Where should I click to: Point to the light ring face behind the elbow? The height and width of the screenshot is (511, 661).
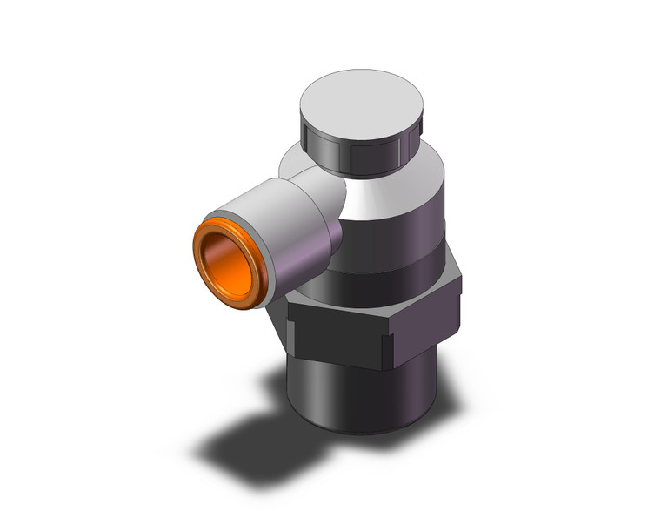click(296, 161)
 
